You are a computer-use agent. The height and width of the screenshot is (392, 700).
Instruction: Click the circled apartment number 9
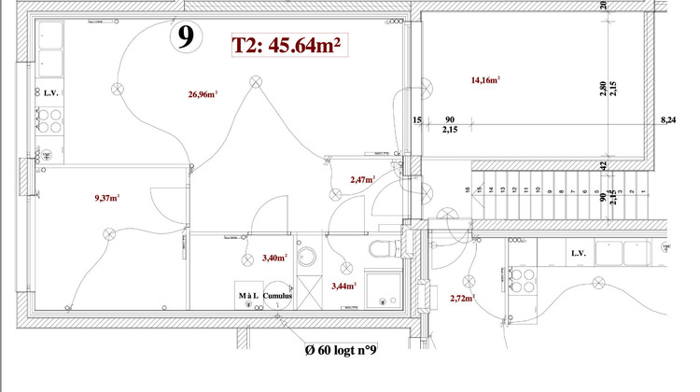pyautogui.click(x=186, y=36)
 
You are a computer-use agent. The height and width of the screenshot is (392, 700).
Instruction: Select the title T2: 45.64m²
pyautogui.click(x=286, y=45)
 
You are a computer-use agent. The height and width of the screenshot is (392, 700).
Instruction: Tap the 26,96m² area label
pyautogui.click(x=203, y=94)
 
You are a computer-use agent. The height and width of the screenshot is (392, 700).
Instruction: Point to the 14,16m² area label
pyautogui.click(x=485, y=80)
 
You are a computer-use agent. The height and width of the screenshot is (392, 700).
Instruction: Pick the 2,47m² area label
pyautogui.click(x=362, y=179)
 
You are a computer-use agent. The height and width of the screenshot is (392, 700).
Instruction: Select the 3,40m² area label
pyautogui.click(x=274, y=258)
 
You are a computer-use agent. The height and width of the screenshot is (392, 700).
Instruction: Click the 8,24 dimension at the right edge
pyautogui.click(x=667, y=120)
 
